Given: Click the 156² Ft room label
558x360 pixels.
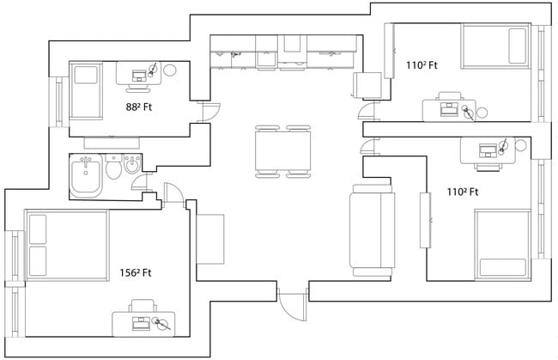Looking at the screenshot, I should [x=136, y=273].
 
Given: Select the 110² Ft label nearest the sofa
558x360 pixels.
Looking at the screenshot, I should [x=462, y=192].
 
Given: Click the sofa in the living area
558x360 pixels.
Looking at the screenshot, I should [x=372, y=230].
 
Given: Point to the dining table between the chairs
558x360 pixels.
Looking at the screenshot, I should [x=282, y=152].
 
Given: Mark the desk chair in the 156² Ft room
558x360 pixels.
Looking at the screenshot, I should [x=143, y=306].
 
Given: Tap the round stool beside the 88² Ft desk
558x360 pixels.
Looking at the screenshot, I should [x=170, y=70].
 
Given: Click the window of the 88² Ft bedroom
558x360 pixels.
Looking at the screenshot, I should [x=58, y=101].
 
